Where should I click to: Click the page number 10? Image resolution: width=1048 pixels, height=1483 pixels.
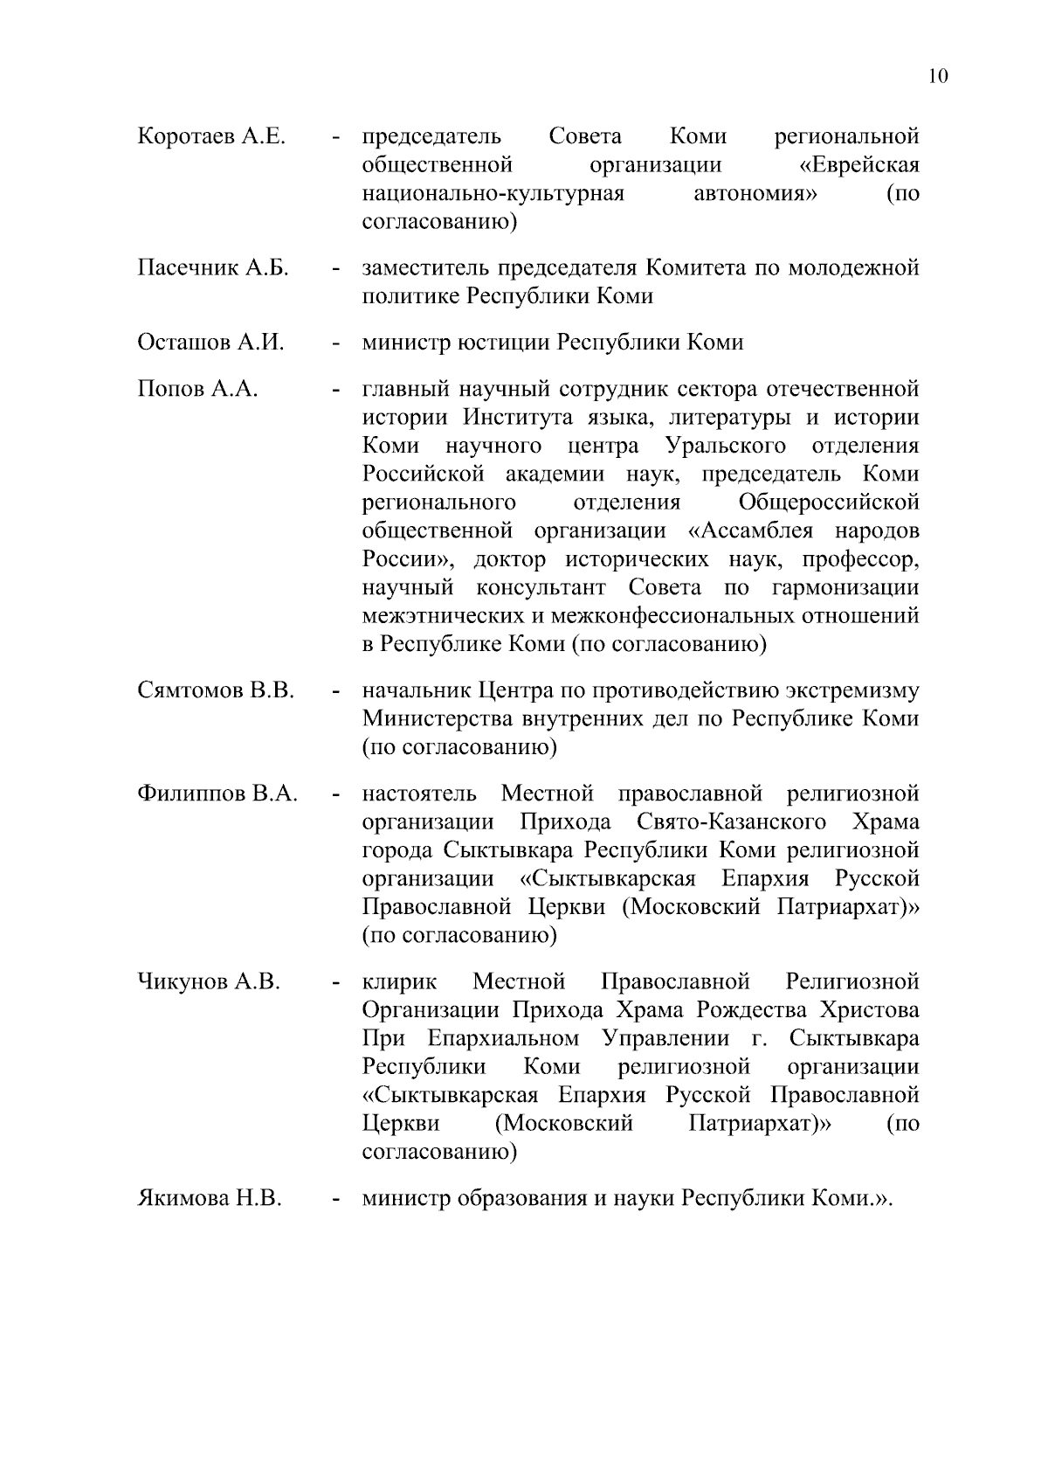(938, 76)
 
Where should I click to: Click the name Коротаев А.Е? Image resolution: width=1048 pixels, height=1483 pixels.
(211, 137)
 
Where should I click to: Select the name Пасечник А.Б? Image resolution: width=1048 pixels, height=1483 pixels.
(213, 267)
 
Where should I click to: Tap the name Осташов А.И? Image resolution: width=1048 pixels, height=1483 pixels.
(211, 343)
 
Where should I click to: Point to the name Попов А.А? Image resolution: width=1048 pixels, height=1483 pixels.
(197, 389)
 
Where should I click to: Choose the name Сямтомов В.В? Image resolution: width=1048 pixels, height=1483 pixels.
(216, 691)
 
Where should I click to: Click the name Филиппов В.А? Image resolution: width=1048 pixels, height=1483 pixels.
(217, 794)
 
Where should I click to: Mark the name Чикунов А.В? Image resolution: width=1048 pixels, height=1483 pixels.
(209, 982)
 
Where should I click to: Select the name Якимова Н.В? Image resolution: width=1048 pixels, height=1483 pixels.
(210, 1198)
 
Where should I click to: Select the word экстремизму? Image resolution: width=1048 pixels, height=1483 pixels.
(851, 691)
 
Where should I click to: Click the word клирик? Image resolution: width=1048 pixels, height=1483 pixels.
(399, 982)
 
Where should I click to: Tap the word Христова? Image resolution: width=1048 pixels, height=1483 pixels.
(869, 1011)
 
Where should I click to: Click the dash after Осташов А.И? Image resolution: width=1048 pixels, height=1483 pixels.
(334, 344)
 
